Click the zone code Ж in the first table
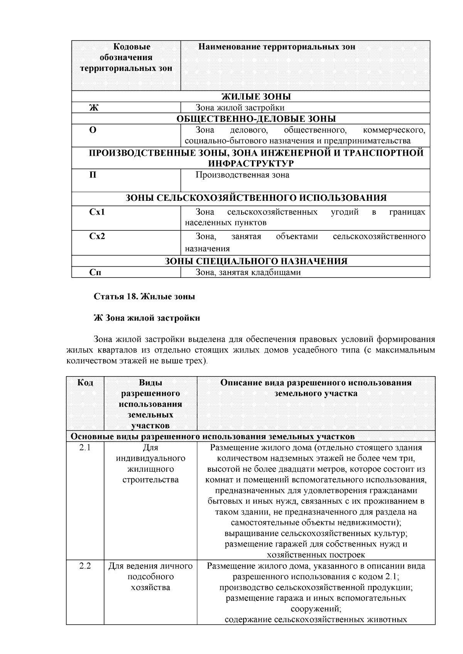[x=94, y=108]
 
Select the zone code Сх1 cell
[x=97, y=212]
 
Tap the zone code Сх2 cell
[x=97, y=237]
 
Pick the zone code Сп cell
[x=95, y=272]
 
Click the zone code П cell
[x=93, y=175]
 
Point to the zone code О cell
[x=93, y=130]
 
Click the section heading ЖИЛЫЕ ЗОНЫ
[x=256, y=97]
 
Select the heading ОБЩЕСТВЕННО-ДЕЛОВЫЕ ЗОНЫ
[x=256, y=119]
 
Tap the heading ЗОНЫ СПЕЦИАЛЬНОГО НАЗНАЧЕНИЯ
[x=256, y=261]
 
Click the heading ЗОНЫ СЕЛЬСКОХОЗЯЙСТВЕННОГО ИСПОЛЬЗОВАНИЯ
[x=256, y=198]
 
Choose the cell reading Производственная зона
[x=242, y=175]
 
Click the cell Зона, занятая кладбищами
[x=248, y=272]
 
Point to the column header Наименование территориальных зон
[x=277, y=47]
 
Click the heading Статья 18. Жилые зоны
[x=144, y=297]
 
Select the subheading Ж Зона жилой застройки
[x=147, y=318]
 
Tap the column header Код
[x=85, y=383]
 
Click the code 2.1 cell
[x=85, y=448]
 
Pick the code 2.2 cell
[x=85, y=566]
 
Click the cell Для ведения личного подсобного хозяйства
[x=150, y=577]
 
